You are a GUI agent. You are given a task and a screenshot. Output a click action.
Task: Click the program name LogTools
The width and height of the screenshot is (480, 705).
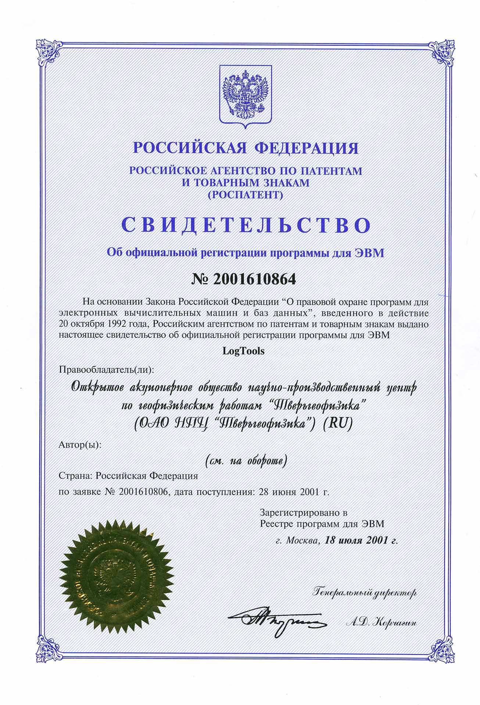[244, 351]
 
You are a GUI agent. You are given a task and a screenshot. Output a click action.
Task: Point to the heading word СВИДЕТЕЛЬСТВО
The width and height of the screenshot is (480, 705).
[245, 225]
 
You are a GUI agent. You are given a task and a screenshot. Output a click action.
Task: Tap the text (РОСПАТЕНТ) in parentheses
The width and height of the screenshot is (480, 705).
[245, 195]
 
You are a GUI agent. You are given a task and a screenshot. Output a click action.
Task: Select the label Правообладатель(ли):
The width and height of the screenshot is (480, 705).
[105, 369]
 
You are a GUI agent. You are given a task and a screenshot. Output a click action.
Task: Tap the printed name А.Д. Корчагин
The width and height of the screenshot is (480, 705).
[382, 622]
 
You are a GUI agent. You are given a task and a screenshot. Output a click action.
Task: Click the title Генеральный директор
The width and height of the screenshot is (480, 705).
[364, 592]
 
